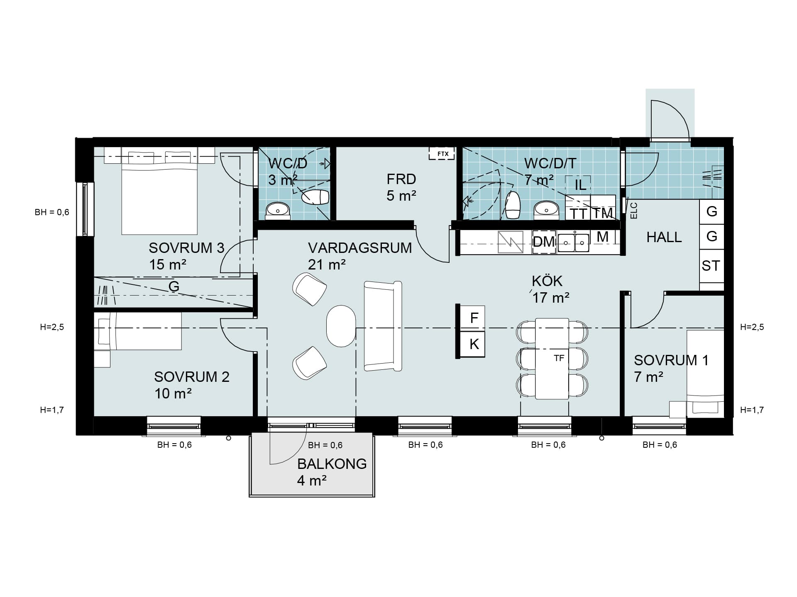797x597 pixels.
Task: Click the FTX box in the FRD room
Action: coord(443,154)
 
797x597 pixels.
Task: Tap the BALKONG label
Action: coord(332,464)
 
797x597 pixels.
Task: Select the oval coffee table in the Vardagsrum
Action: coord(341,326)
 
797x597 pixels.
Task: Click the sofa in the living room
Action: coord(383,326)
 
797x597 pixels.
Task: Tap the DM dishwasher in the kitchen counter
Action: coord(544,241)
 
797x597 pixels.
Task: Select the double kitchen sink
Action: coord(574,243)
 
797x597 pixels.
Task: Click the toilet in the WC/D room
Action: coord(315,197)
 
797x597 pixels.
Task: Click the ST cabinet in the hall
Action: coord(711,265)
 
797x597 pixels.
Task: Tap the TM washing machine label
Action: coord(603,213)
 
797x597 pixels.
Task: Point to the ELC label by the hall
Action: coord(633,211)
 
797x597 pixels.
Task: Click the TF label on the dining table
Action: coord(559,358)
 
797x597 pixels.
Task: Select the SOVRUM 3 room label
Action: coord(186,248)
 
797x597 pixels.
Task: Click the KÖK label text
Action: coord(547,281)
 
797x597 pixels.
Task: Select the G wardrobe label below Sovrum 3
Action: coord(174,286)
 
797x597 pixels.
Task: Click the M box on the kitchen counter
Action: coord(602,237)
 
